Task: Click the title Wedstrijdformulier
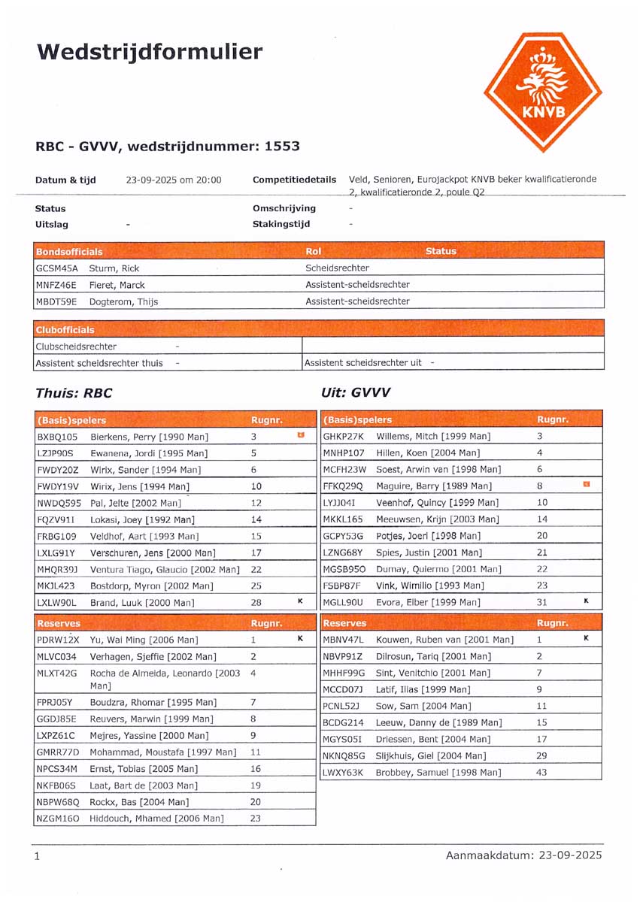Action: (150, 52)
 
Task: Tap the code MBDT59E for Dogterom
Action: (56, 301)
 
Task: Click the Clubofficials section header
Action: (65, 330)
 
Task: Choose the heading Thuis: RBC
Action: (74, 392)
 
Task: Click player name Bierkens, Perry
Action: (149, 437)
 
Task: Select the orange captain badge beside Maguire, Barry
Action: (587, 485)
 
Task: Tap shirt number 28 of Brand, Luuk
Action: (256, 602)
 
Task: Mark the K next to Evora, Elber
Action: (587, 601)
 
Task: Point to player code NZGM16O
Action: (57, 819)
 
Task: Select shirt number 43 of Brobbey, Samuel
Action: (541, 772)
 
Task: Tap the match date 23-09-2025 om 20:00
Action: (174, 180)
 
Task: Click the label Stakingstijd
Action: (281, 224)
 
